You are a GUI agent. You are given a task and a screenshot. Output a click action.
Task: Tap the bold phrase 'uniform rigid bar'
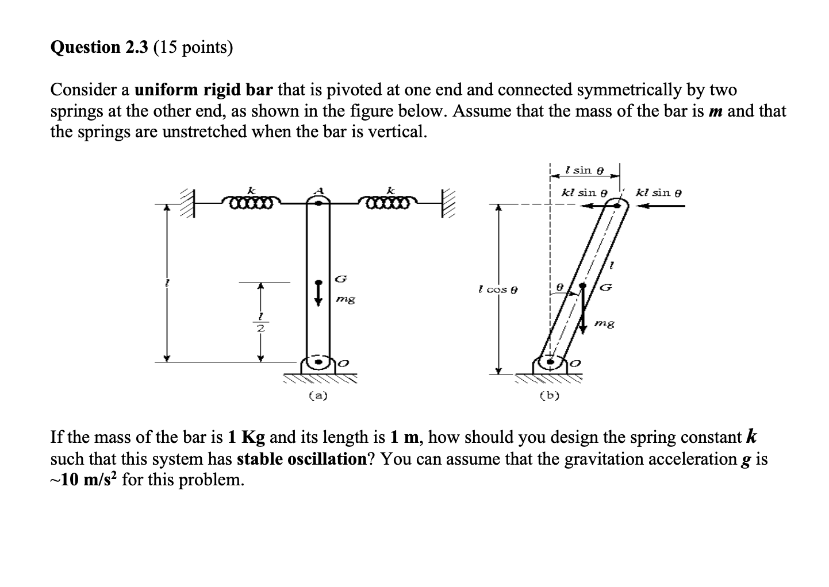tap(204, 90)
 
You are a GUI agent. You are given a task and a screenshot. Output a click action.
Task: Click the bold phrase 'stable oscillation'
tap(302, 459)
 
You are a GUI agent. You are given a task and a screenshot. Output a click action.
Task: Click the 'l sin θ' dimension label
tap(584, 170)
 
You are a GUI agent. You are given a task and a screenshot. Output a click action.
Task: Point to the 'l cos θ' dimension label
tap(498, 289)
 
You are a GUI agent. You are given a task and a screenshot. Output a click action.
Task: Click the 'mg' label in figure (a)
tap(346, 299)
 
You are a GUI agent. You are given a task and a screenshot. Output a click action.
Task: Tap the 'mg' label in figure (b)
tap(604, 324)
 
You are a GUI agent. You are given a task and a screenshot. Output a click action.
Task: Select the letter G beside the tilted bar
tap(605, 287)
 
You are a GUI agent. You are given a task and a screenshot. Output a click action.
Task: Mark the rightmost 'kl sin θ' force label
tap(659, 192)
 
